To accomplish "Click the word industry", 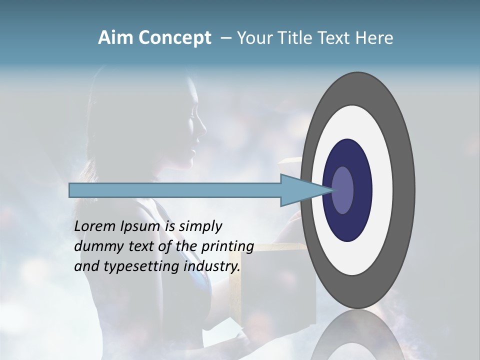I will [x=212, y=266].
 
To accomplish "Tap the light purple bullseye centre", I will [x=343, y=190].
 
